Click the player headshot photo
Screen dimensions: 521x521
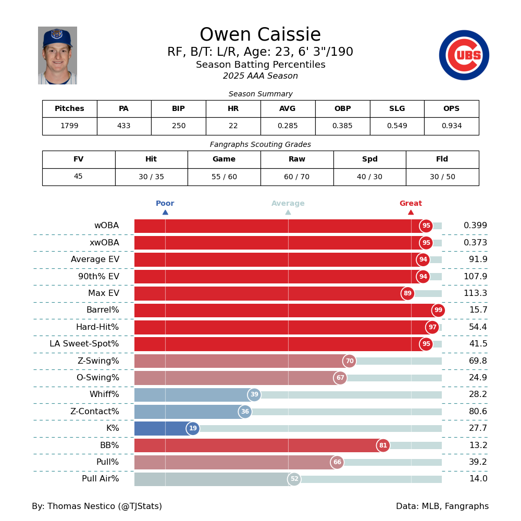[x=57, y=55]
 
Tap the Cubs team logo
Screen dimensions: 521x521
[x=464, y=55]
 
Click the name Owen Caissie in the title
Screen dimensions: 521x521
[x=260, y=35]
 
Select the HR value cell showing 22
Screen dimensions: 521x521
[x=233, y=126]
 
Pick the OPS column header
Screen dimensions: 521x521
[x=451, y=109]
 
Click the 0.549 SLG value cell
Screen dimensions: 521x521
[x=396, y=126]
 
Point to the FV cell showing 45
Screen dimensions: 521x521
[x=78, y=177]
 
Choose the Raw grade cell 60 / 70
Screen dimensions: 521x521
[x=296, y=177]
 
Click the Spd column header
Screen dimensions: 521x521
[x=369, y=159]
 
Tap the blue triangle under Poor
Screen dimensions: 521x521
[x=165, y=212]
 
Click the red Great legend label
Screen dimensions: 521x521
[x=411, y=204]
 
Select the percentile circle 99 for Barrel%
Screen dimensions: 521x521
[x=438, y=311]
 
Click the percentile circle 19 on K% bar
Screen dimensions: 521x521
[x=193, y=429]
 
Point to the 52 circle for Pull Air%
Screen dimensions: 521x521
[x=294, y=479]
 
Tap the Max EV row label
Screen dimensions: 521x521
[x=104, y=293]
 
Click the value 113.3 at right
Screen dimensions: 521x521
[x=475, y=293]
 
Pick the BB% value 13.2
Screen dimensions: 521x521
[x=478, y=445]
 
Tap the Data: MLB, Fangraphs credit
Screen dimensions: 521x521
[x=442, y=506]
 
